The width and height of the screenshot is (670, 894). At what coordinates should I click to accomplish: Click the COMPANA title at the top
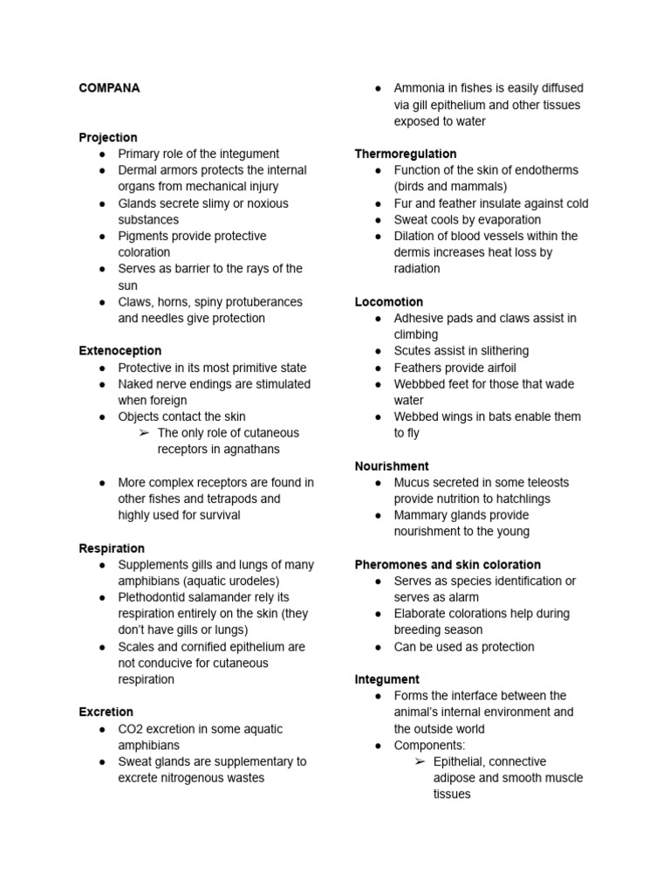pos(109,88)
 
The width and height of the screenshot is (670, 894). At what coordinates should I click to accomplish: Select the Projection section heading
pos(108,137)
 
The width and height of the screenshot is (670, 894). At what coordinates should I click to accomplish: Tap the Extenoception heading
pos(120,351)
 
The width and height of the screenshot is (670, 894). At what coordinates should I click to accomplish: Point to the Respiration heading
pos(112,548)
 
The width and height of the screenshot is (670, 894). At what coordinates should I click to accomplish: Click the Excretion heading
pos(106,712)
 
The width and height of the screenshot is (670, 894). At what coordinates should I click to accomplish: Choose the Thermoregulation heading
pos(406,154)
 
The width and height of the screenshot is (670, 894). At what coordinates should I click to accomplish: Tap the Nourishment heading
pos(392,466)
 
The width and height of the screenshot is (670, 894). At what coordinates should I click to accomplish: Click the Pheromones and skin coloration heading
pos(448,565)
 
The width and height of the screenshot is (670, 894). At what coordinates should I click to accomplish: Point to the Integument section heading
pos(387,679)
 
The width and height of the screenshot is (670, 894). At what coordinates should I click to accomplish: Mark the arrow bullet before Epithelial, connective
pos(420,762)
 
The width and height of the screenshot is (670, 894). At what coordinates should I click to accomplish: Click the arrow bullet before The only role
pos(144,433)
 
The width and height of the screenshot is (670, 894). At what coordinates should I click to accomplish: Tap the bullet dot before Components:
pos(378,746)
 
